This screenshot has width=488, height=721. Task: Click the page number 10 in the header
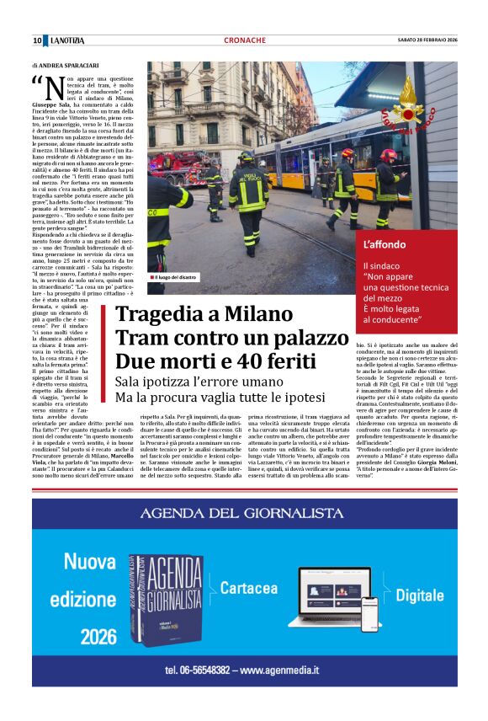37,40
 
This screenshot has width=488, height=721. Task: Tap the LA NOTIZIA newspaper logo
73,40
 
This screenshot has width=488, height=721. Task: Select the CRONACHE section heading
245,40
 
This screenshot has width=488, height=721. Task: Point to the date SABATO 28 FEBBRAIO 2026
427,40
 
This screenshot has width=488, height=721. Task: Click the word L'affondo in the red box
385,244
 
